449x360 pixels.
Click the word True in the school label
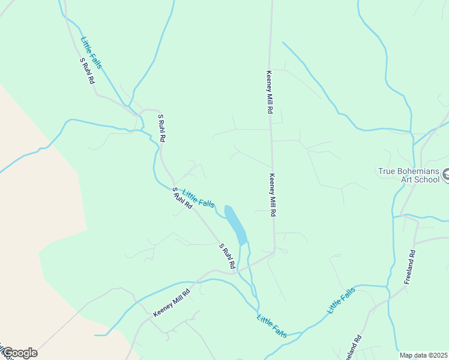(x=388, y=171)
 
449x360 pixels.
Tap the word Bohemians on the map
(x=419, y=171)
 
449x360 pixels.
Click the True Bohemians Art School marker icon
(x=446, y=175)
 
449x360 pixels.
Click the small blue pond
(x=236, y=224)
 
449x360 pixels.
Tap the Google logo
(x=19, y=352)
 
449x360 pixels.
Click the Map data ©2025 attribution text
(x=423, y=355)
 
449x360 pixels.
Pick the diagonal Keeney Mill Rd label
(x=172, y=302)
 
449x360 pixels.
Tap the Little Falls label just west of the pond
(x=198, y=199)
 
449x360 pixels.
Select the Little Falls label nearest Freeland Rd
(x=341, y=300)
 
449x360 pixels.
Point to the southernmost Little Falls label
(x=272, y=326)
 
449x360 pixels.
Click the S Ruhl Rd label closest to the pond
(x=226, y=256)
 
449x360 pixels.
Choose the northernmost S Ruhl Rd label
(x=87, y=70)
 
